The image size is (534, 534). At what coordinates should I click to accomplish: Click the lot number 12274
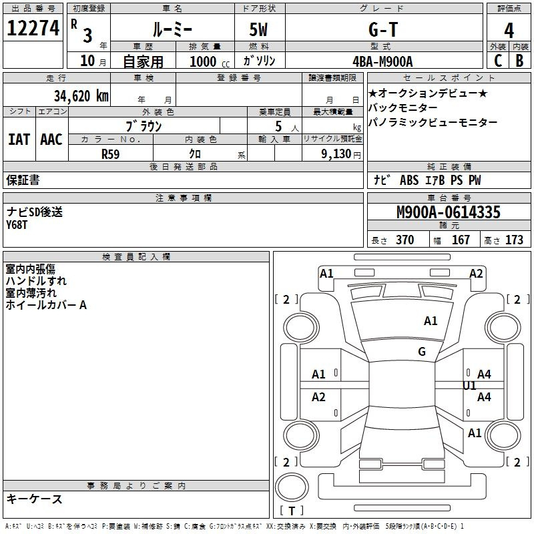(x=33, y=28)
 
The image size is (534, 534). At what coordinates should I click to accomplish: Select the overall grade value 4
(x=509, y=31)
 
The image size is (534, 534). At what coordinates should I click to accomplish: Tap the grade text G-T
(x=383, y=29)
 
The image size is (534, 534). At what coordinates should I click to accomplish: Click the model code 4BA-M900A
(x=382, y=61)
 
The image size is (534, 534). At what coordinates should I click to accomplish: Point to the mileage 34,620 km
(x=81, y=96)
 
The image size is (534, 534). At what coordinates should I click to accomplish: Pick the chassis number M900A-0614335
(x=449, y=212)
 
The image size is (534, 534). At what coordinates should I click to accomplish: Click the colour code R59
(x=110, y=154)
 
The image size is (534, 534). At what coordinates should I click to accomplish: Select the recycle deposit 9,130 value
(x=336, y=154)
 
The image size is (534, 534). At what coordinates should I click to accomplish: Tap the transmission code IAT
(x=19, y=140)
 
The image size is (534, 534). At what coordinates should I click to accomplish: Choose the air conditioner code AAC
(x=51, y=140)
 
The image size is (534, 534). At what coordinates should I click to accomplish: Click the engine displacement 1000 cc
(x=210, y=61)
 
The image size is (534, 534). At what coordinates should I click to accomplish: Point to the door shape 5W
(x=258, y=29)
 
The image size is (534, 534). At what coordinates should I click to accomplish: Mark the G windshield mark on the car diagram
(x=422, y=351)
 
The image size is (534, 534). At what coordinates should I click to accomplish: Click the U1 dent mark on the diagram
(x=469, y=386)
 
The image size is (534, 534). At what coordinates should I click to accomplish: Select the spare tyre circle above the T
(x=292, y=487)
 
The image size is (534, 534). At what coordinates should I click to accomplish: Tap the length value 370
(x=405, y=240)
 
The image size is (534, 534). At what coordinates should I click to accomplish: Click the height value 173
(x=514, y=240)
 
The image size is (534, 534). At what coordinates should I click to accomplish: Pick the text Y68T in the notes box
(x=17, y=225)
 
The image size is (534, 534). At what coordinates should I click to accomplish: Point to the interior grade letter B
(x=519, y=61)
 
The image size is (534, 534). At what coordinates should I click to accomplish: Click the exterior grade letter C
(x=498, y=61)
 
